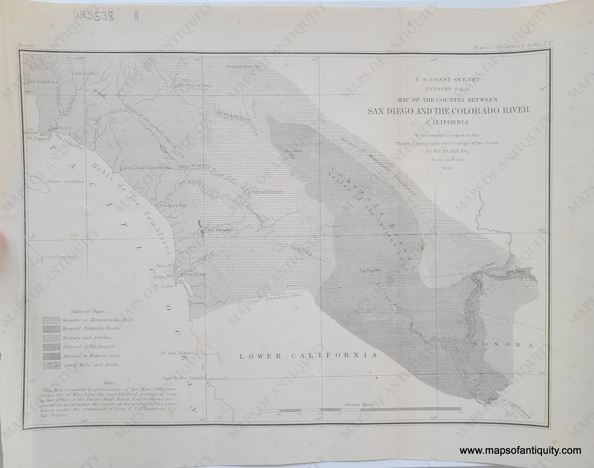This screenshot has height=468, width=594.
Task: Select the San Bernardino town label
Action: [193, 85]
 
